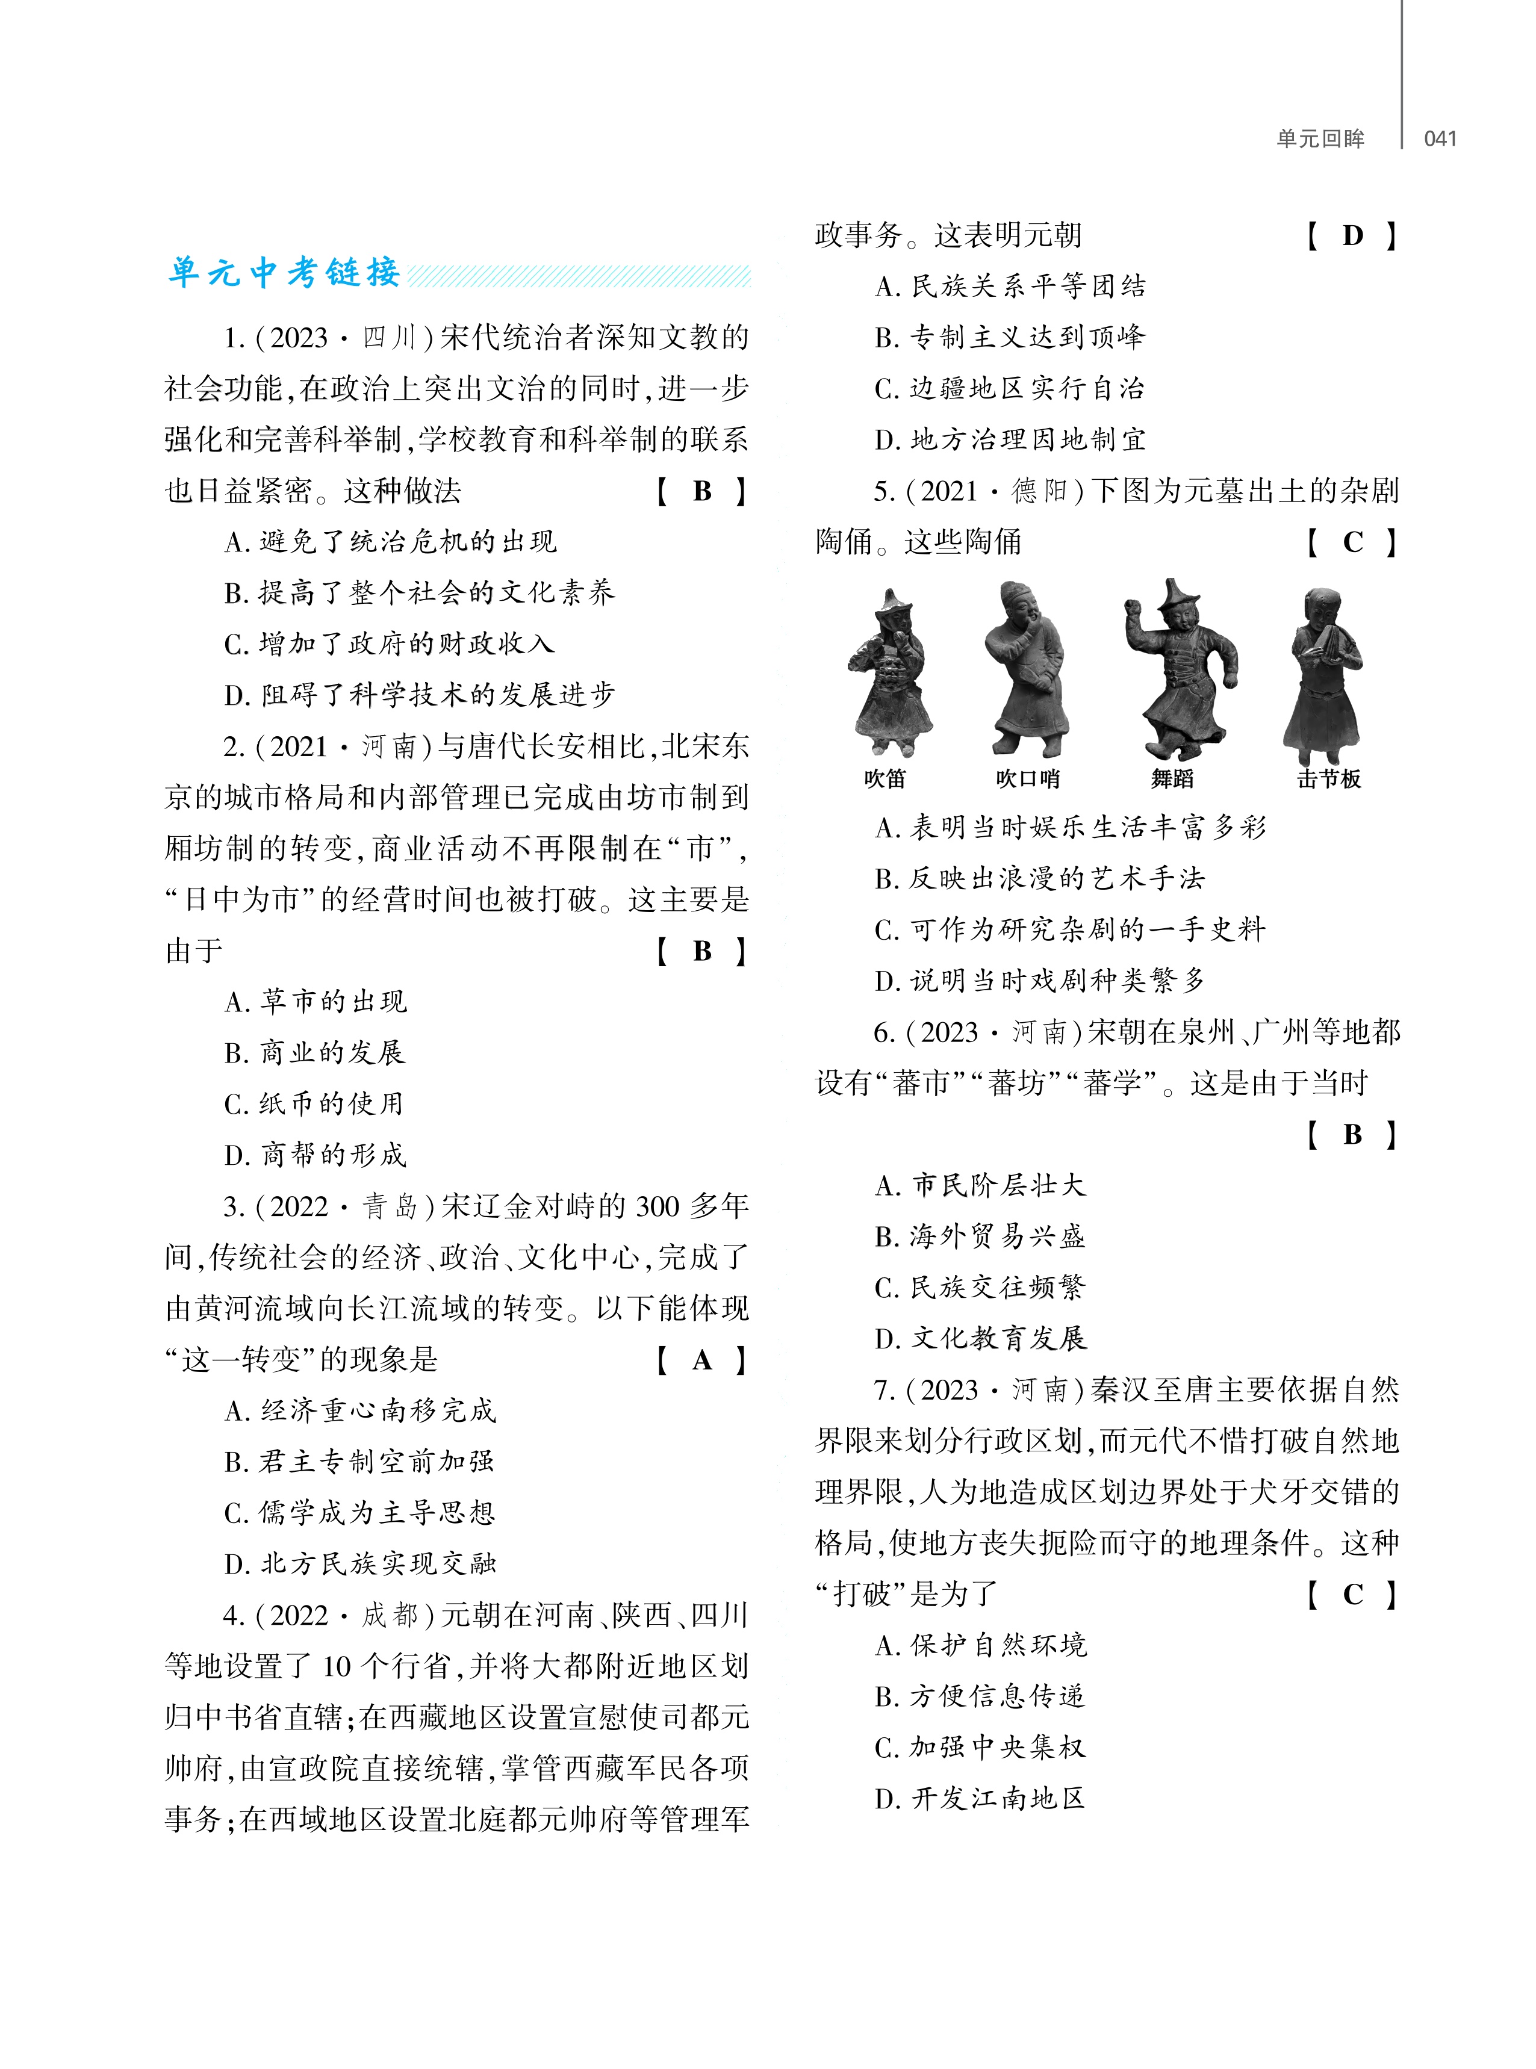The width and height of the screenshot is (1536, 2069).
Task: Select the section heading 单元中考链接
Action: [x=284, y=272]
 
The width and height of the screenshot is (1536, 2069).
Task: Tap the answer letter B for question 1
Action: [x=702, y=491]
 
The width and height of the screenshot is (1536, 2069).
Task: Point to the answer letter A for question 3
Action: [x=702, y=1360]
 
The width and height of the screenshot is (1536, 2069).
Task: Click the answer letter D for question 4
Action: [x=1353, y=235]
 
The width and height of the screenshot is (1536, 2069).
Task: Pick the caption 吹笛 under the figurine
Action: [x=885, y=779]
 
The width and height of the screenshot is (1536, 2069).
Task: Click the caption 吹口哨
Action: [x=1027, y=779]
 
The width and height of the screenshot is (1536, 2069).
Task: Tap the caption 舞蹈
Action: [x=1172, y=779]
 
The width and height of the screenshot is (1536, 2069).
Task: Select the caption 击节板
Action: [x=1329, y=779]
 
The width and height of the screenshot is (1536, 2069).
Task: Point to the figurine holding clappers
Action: [x=1322, y=674]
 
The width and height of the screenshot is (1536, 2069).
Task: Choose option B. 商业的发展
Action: [x=314, y=1052]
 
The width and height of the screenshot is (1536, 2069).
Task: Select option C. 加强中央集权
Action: [x=980, y=1748]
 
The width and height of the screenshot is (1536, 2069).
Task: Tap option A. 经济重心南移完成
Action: [x=360, y=1411]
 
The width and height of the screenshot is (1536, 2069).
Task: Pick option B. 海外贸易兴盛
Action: [x=980, y=1236]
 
